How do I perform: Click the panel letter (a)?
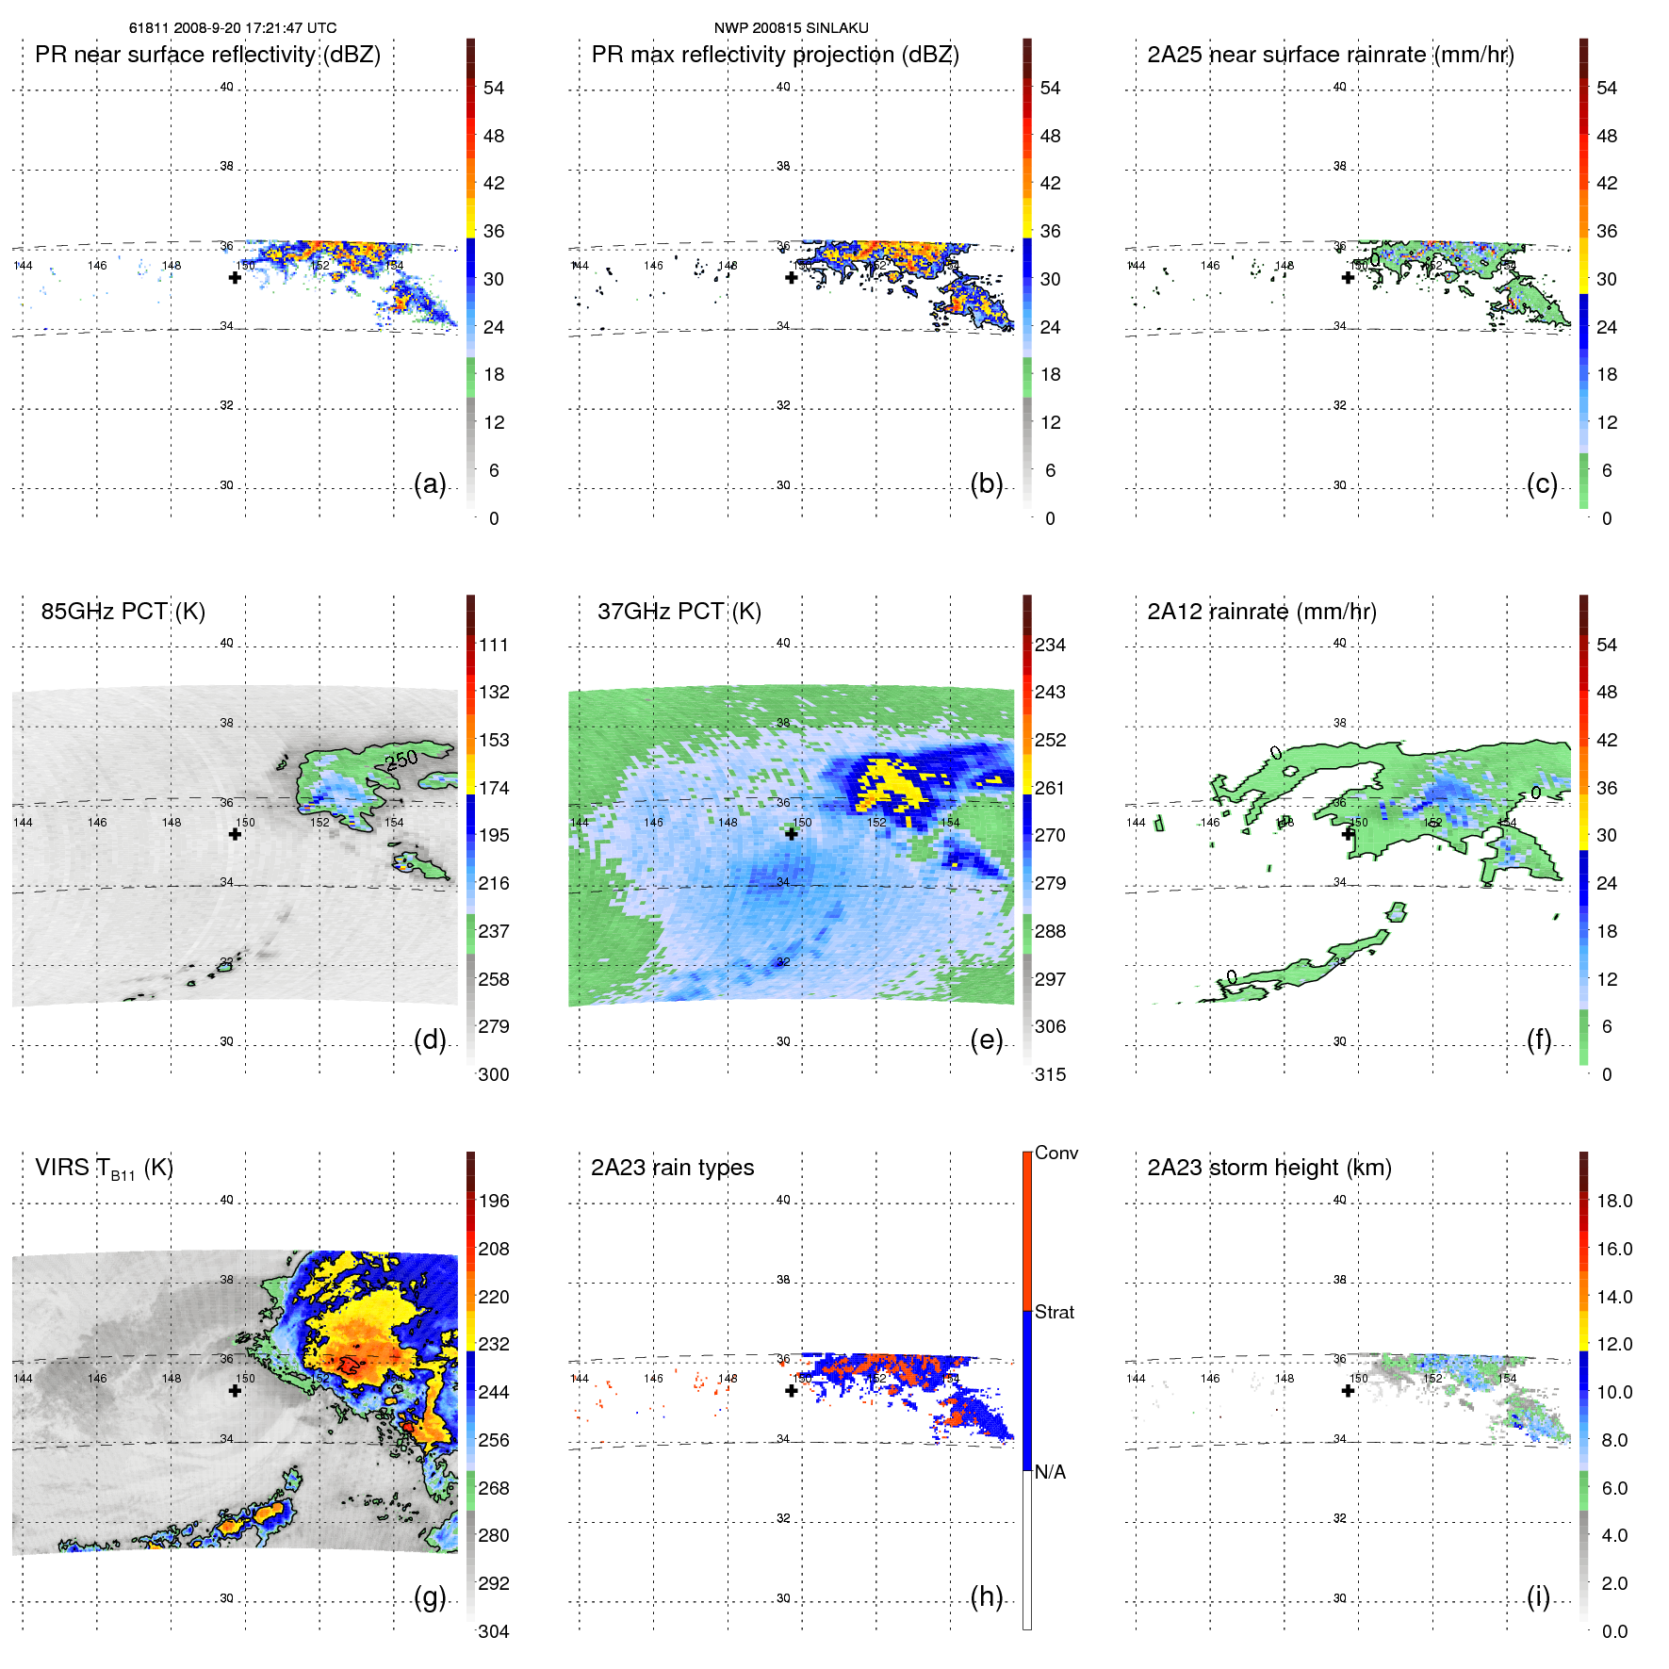pyautogui.click(x=430, y=484)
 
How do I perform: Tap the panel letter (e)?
pyautogui.click(x=986, y=1040)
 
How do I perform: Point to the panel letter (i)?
pyautogui.click(x=1538, y=1597)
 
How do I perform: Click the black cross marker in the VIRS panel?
pyautogui.click(x=236, y=1390)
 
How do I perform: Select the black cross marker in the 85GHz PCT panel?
pyautogui.click(x=236, y=834)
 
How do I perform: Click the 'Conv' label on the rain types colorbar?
pyautogui.click(x=1055, y=1153)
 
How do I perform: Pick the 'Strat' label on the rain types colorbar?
pyautogui.click(x=1054, y=1312)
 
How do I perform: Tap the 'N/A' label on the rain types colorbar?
pyautogui.click(x=1050, y=1472)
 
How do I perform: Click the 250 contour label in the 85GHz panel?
pyautogui.click(x=401, y=759)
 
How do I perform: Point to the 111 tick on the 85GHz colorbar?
pyautogui.click(x=494, y=645)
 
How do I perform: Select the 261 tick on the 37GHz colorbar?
pyautogui.click(x=1050, y=788)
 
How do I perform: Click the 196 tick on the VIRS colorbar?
pyautogui.click(x=494, y=1201)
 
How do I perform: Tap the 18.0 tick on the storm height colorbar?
pyautogui.click(x=1614, y=1201)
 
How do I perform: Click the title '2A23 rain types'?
pyautogui.click(x=672, y=1168)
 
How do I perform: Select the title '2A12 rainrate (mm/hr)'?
pyautogui.click(x=1262, y=612)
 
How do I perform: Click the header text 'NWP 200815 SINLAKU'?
pyautogui.click(x=791, y=28)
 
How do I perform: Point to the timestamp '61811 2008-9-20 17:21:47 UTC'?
pyautogui.click(x=233, y=28)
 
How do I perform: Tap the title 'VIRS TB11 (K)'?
pyautogui.click(x=104, y=1169)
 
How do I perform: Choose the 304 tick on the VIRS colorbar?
pyautogui.click(x=494, y=1631)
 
